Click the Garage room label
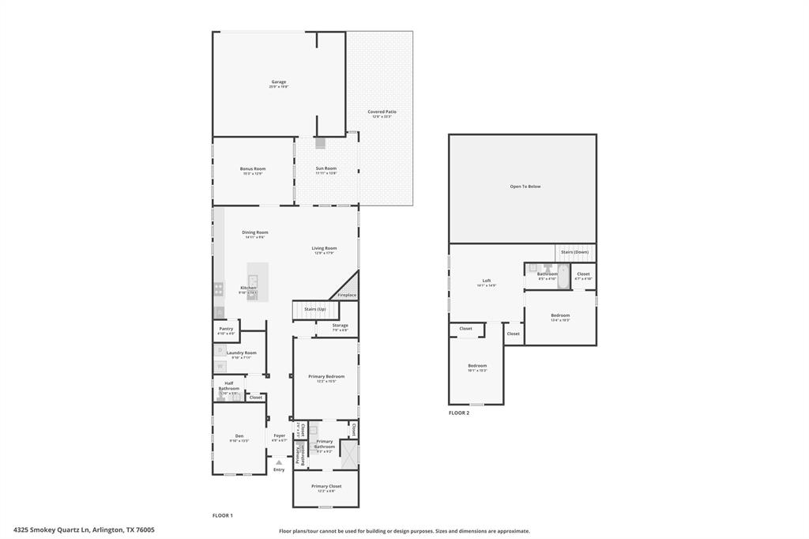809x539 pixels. coord(279,82)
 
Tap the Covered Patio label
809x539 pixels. coord(382,112)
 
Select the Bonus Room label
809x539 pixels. coord(253,169)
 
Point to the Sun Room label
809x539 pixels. coord(326,169)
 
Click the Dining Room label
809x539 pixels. coord(255,232)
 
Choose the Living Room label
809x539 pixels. coord(324,248)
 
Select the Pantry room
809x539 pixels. coord(226,330)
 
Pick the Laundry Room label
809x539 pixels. coord(241,353)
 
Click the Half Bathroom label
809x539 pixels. coord(228,386)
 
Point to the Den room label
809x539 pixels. coord(239,436)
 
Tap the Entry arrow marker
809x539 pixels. coord(278,462)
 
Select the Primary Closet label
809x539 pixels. coord(325,487)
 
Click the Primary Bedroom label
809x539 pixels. coord(325,377)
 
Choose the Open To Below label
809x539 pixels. coord(525,187)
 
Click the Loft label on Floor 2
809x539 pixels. coord(487,281)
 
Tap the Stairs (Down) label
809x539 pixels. coord(574,252)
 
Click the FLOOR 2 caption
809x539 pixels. coord(459,413)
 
